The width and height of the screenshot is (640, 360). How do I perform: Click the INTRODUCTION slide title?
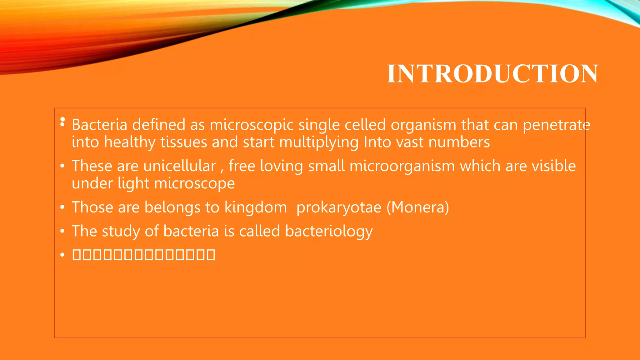tap(492, 74)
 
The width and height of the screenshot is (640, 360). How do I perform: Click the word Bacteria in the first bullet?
tap(99, 125)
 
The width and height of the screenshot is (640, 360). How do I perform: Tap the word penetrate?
tap(556, 125)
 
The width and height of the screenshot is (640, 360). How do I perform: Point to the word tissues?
tap(184, 142)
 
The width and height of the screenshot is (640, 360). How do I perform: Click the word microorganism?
tap(402, 166)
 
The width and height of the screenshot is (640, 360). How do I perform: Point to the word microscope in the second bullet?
tap(194, 183)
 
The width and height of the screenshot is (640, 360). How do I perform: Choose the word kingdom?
tap(256, 207)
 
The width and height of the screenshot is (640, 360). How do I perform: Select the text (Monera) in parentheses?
tap(418, 207)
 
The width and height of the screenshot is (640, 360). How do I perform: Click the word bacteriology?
tap(329, 231)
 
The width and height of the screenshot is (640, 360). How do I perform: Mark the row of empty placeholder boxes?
tap(143, 255)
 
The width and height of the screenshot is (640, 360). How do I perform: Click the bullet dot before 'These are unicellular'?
tap(62, 166)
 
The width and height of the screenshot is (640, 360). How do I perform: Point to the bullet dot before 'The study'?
tap(62, 231)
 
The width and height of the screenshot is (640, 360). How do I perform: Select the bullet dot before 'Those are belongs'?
tap(62, 207)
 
